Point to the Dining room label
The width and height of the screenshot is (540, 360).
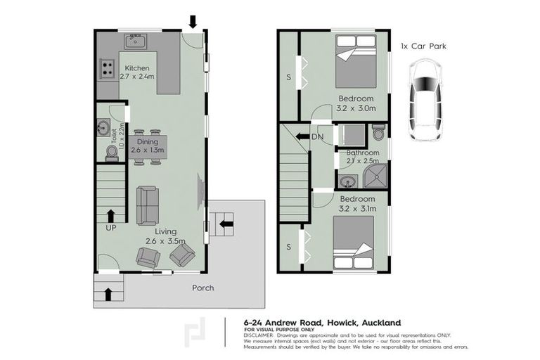(x=147, y=141)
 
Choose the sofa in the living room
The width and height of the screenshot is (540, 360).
(x=147, y=204)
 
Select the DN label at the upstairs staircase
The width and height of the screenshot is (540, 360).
(x=318, y=137)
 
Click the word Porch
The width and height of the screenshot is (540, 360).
(x=203, y=288)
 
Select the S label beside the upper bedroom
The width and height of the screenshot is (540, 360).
(x=288, y=77)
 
